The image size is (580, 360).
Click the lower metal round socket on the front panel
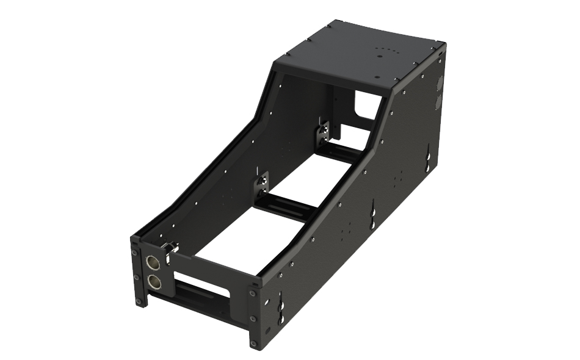click(x=154, y=281)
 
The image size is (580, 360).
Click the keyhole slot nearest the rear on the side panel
click(x=430, y=160)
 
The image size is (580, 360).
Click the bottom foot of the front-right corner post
click(x=253, y=342)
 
